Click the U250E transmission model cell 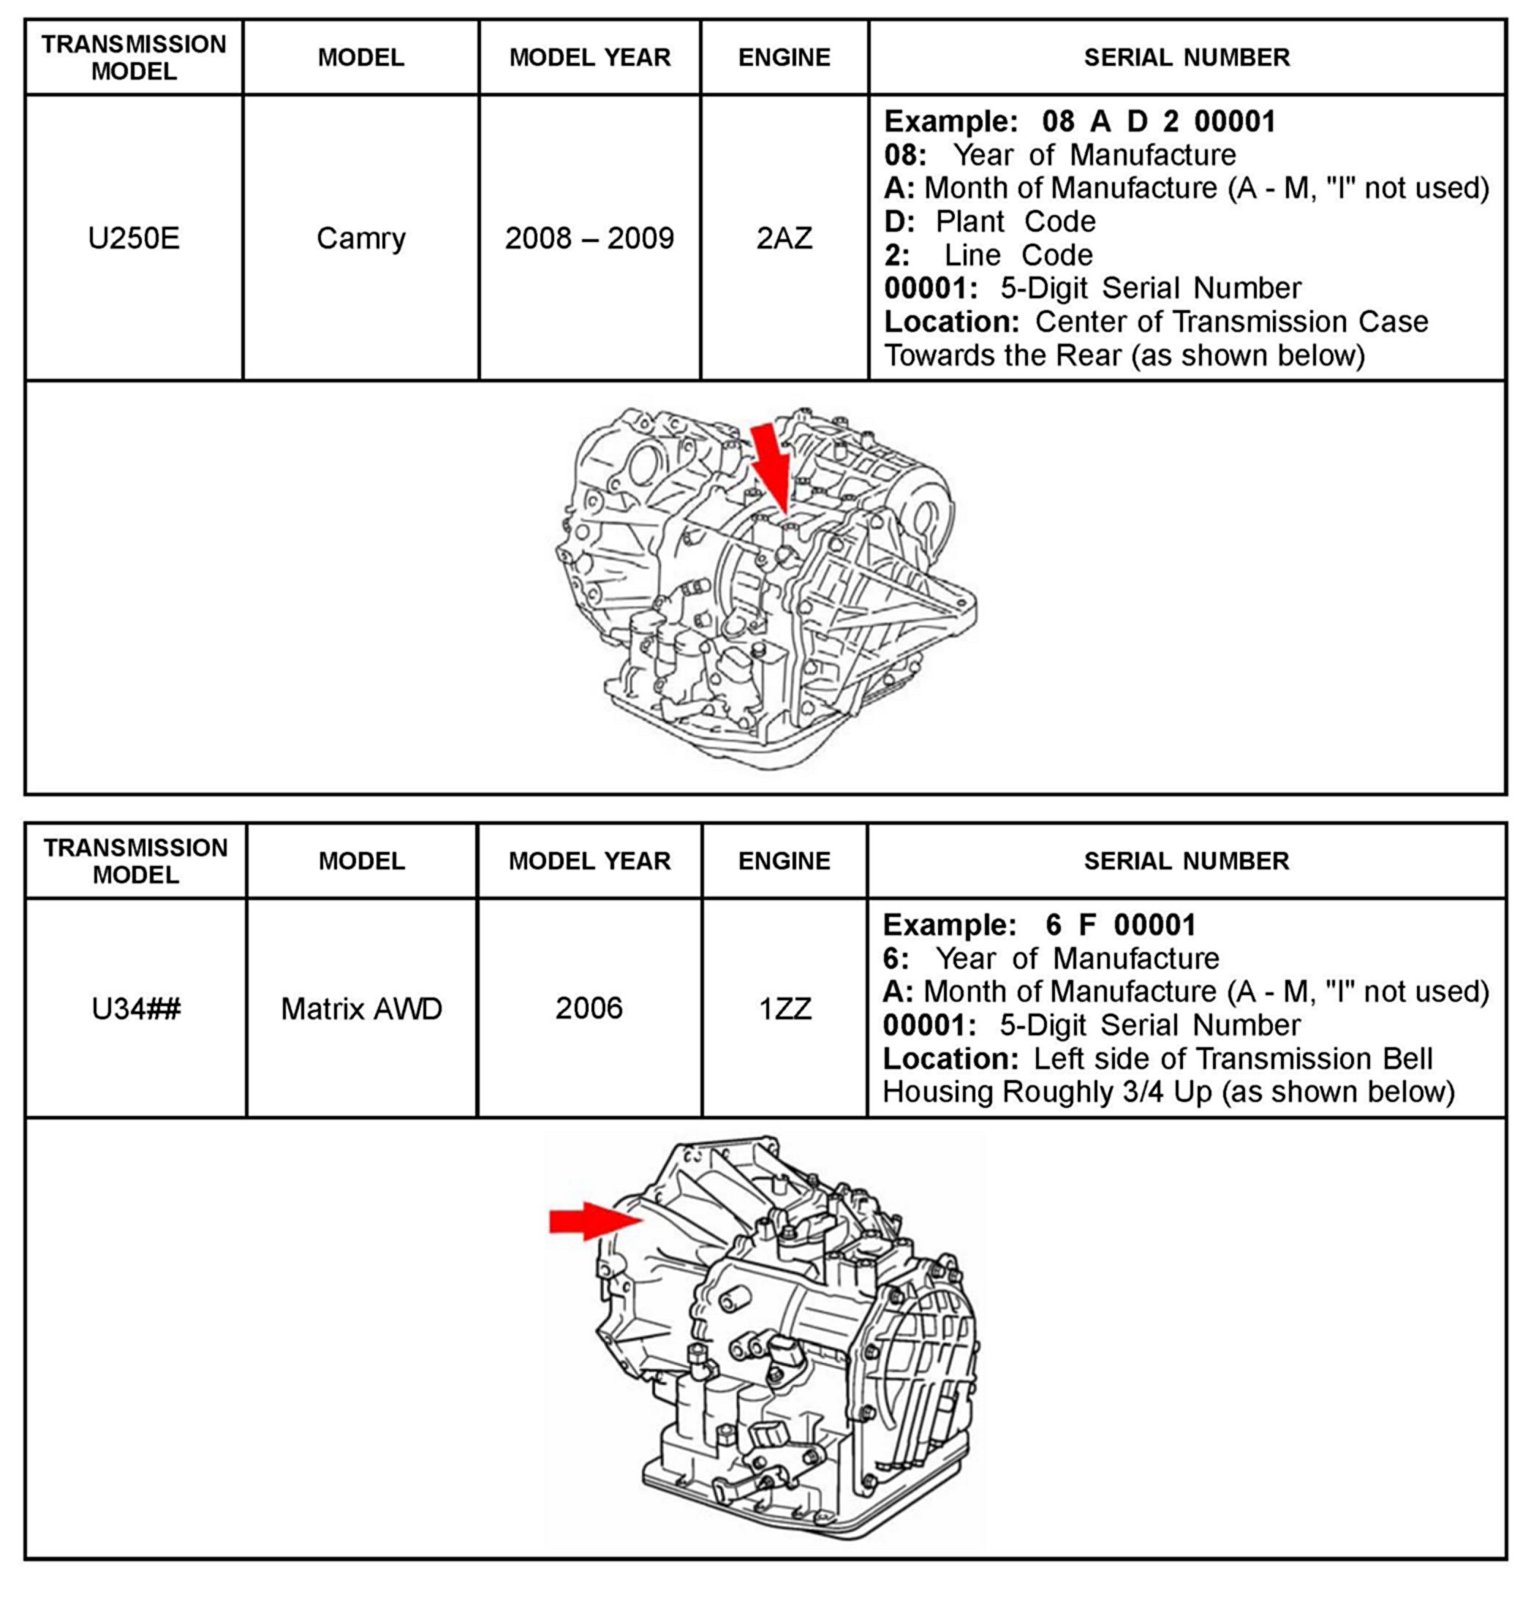click(x=134, y=238)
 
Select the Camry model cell click(x=360, y=238)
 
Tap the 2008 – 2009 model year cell click(x=589, y=238)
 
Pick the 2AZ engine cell click(x=785, y=238)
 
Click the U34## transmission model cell click(x=135, y=1009)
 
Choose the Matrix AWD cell click(x=361, y=1009)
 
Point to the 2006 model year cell click(x=589, y=1009)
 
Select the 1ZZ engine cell click(x=785, y=1009)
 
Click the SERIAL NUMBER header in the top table click(x=1187, y=57)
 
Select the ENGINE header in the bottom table click(x=785, y=861)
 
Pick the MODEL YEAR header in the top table click(x=589, y=57)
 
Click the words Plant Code click(x=1016, y=222)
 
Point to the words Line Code click(x=1018, y=254)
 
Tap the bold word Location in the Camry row click(x=951, y=322)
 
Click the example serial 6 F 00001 click(x=1121, y=925)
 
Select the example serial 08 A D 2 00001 click(x=1159, y=121)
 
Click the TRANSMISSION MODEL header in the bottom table click(x=135, y=861)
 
